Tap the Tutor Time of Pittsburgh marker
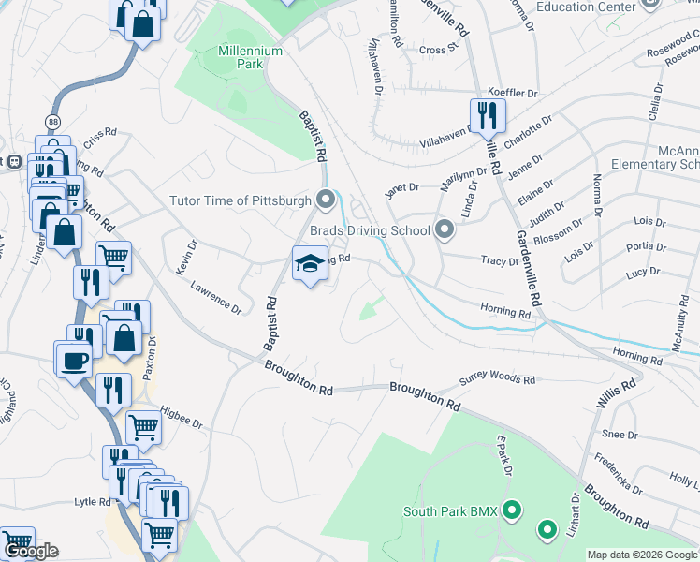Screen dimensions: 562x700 click(326, 200)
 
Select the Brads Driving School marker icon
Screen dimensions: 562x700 click(445, 229)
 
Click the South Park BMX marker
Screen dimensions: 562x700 click(512, 511)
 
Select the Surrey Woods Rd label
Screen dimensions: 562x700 click(496, 380)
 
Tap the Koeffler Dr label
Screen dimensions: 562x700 click(513, 94)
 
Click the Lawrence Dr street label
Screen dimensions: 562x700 click(216, 298)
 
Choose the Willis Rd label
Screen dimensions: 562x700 click(616, 392)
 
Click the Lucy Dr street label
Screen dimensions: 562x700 click(643, 272)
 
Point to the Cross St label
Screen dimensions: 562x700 click(438, 48)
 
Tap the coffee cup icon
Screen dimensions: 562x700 click(74, 360)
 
